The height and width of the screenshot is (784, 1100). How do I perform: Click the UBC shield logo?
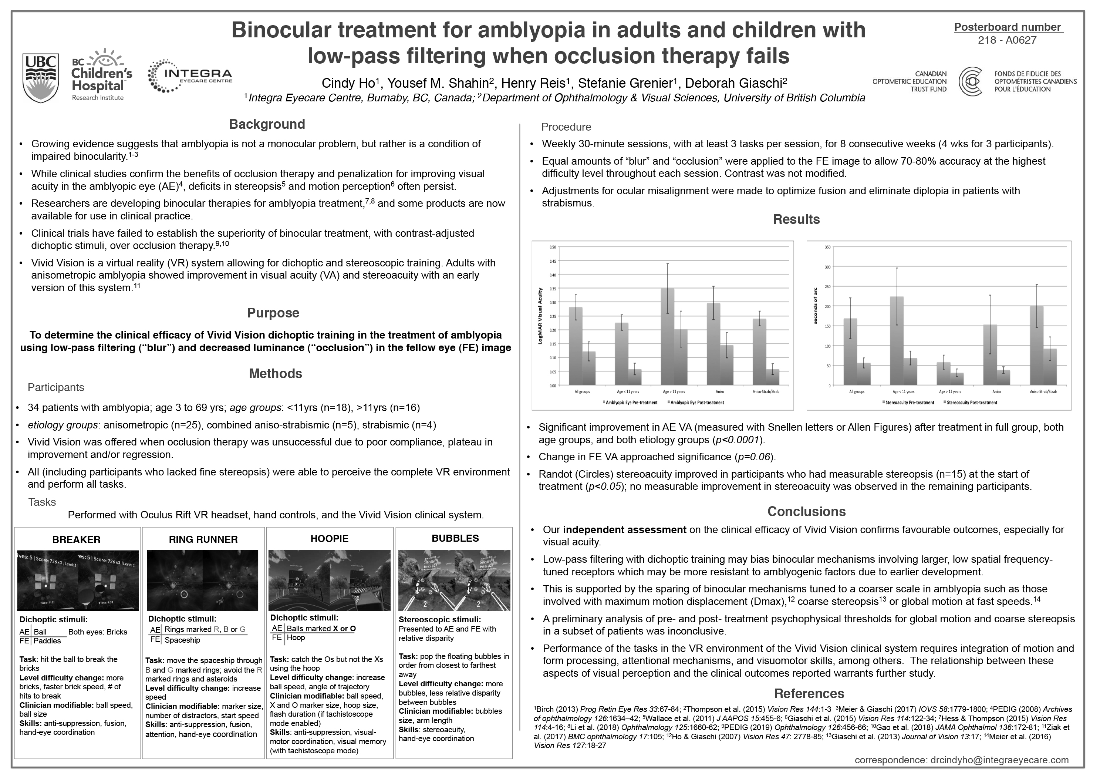coord(41,77)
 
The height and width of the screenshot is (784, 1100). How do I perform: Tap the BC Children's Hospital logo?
coord(101,75)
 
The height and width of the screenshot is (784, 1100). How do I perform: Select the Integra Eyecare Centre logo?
coord(190,76)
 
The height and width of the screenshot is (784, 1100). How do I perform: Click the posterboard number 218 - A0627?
coord(1007,40)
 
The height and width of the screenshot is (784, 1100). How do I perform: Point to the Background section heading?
coord(267,125)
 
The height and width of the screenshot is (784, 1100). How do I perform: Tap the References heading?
coord(809,693)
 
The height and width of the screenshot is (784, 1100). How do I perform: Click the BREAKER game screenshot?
coord(78,580)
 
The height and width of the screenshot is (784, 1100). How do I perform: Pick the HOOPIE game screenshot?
coord(329,580)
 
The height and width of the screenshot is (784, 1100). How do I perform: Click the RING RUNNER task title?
coord(203,539)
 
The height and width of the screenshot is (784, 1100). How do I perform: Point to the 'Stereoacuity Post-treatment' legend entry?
coord(972,402)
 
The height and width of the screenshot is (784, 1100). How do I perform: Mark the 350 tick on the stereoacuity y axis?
coord(827,247)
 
